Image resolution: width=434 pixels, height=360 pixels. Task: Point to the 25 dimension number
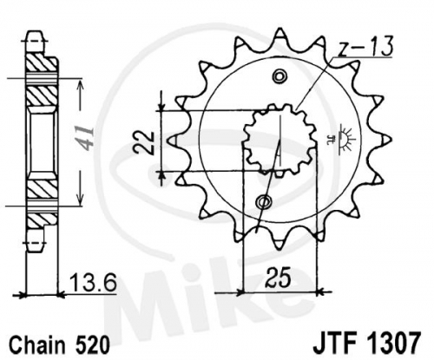[x=279, y=278]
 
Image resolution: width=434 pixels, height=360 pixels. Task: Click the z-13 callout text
[x=365, y=46]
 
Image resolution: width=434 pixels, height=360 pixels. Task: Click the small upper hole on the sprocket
[x=280, y=76]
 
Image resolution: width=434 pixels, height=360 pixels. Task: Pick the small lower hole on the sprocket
[x=264, y=201]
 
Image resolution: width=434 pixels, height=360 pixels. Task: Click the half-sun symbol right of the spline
[x=347, y=140]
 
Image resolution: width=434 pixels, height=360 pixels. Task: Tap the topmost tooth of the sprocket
[x=279, y=34]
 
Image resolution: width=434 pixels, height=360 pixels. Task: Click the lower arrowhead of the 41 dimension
[x=80, y=199]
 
